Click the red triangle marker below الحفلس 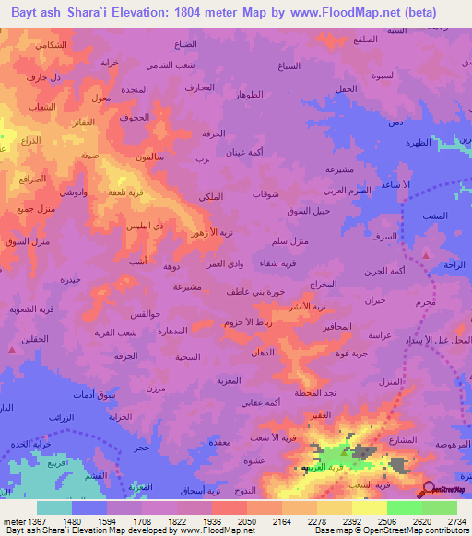(x=13, y=348)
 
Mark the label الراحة (x=454, y=264)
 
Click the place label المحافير (x=337, y=328)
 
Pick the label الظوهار (x=251, y=95)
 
